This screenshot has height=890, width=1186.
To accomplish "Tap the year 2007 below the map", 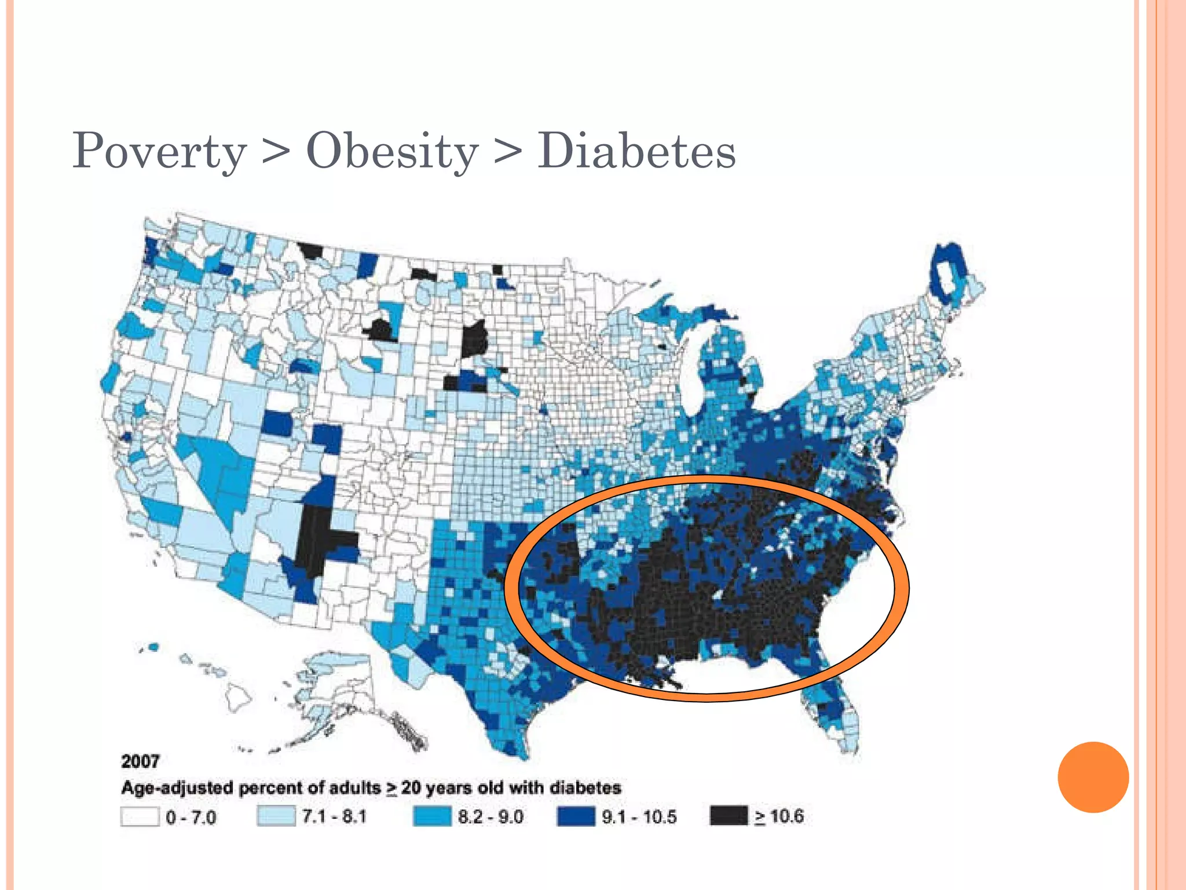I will tap(140, 761).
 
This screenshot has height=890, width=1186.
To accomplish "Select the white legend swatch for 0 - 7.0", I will tap(140, 817).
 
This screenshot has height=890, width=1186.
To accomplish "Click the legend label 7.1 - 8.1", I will tap(334, 817).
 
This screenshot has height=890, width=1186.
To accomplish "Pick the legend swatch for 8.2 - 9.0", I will tap(432, 817).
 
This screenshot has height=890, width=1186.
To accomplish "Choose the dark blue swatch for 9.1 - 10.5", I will tap(576, 817).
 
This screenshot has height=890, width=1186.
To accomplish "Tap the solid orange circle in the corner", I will tap(1093, 777).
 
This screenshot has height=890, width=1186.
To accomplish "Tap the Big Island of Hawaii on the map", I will tap(238, 698).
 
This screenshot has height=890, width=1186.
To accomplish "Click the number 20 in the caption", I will tap(411, 788).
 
